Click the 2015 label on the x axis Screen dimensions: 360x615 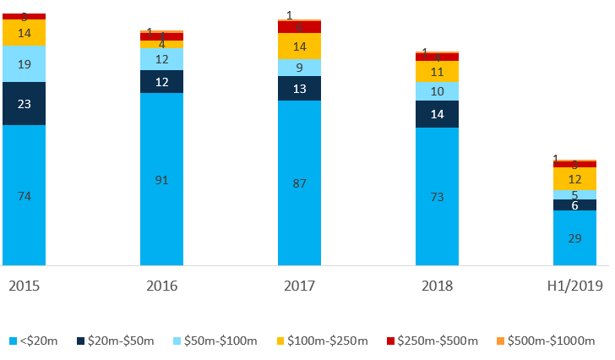[24, 286]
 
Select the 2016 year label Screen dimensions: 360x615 [161, 286]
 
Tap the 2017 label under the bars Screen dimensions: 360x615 [299, 286]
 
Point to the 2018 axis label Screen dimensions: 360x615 [437, 286]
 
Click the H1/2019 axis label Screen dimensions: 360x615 [574, 286]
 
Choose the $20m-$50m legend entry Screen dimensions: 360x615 [117, 341]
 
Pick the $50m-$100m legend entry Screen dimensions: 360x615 [215, 341]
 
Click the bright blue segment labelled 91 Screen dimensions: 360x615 [161, 179]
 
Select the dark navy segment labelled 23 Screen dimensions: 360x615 [24, 104]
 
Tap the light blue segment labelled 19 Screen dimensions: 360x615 [24, 64]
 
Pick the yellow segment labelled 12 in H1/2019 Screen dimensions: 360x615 [574, 179]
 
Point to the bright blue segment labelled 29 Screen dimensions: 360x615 [574, 238]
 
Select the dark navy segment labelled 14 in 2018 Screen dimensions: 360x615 [437, 114]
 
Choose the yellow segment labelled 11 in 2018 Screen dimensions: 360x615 [437, 72]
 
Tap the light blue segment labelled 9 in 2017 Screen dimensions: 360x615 [299, 68]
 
